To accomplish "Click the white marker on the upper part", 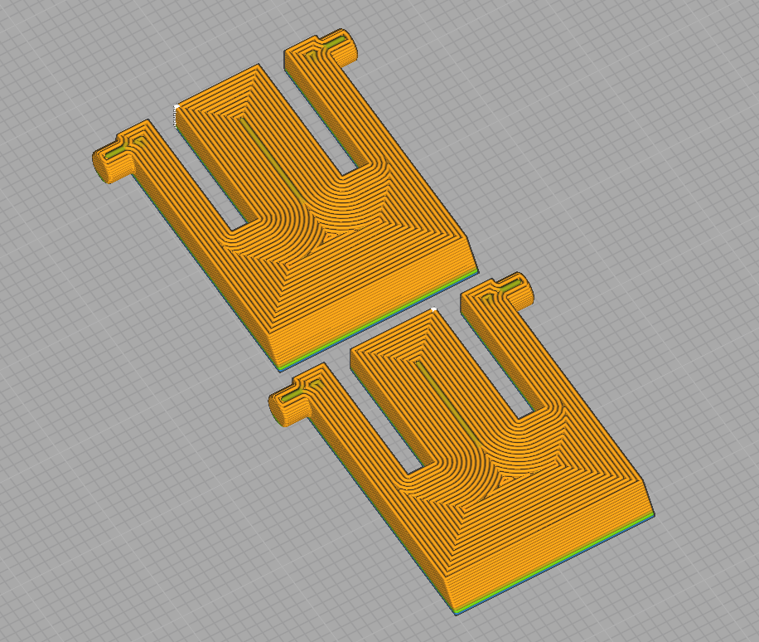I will [x=176, y=106].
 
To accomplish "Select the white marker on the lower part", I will [x=434, y=309].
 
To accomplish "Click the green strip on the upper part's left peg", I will [x=116, y=150].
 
